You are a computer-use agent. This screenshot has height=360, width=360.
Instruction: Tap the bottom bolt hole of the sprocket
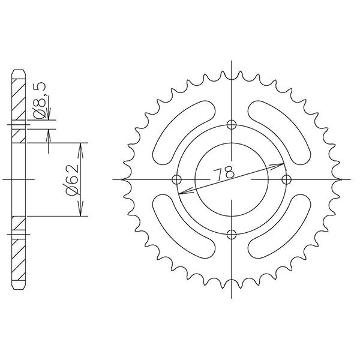231,234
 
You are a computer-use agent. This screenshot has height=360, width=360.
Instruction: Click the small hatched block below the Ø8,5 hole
19,135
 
